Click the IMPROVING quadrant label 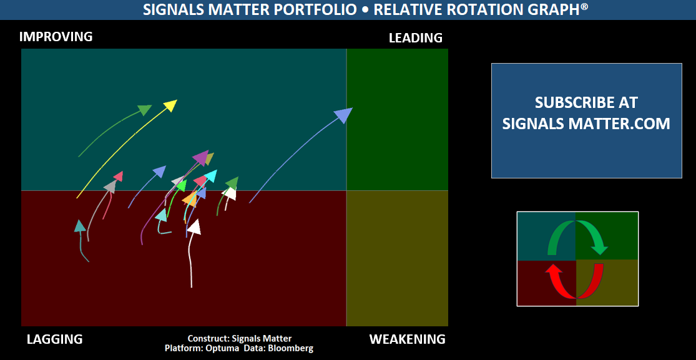(x=56, y=36)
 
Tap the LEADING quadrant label (x=416, y=38)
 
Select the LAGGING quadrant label (x=54, y=339)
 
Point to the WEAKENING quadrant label (x=408, y=339)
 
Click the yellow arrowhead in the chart (x=170, y=105)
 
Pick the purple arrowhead (x=200, y=157)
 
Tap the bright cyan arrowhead (x=210, y=176)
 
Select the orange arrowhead (x=190, y=199)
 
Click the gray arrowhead (x=110, y=187)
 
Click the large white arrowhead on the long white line (x=194, y=227)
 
